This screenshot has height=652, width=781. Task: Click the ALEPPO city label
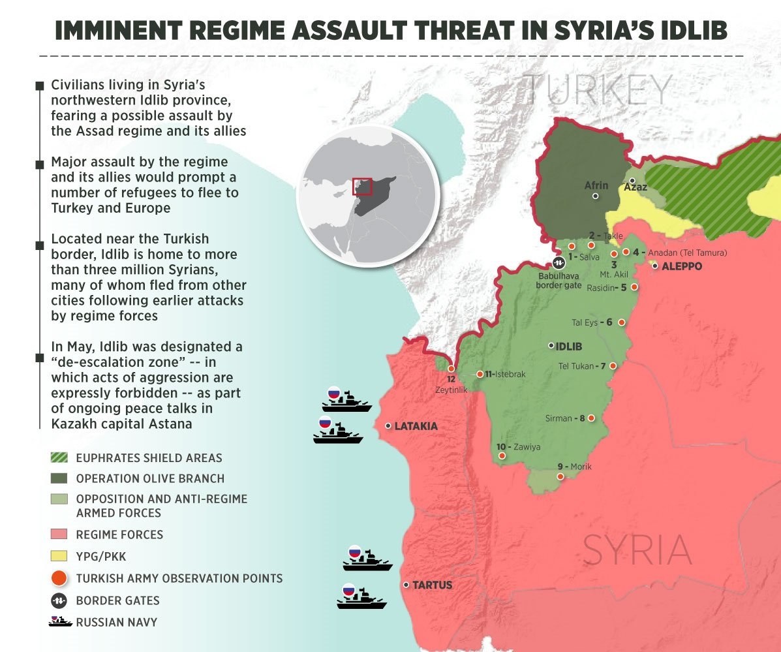click(682, 267)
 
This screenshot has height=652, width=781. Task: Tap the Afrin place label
click(596, 185)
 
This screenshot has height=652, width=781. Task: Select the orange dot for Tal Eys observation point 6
click(622, 322)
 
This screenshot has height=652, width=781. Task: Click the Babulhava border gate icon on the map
click(559, 263)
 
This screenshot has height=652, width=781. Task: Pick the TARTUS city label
click(433, 585)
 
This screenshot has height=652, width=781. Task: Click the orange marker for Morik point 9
click(560, 477)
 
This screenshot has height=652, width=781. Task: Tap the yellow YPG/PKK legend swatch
click(59, 556)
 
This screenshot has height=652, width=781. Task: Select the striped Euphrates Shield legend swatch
click(59, 458)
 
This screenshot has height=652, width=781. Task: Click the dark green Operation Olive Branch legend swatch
click(59, 478)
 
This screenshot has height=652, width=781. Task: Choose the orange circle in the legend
click(59, 578)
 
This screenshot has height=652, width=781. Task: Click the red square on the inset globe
click(362, 186)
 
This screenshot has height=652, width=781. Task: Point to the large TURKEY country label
click(598, 91)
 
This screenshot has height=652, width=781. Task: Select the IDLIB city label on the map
click(570, 346)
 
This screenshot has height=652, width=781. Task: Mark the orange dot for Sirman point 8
click(592, 418)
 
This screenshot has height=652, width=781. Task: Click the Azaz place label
click(636, 187)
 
